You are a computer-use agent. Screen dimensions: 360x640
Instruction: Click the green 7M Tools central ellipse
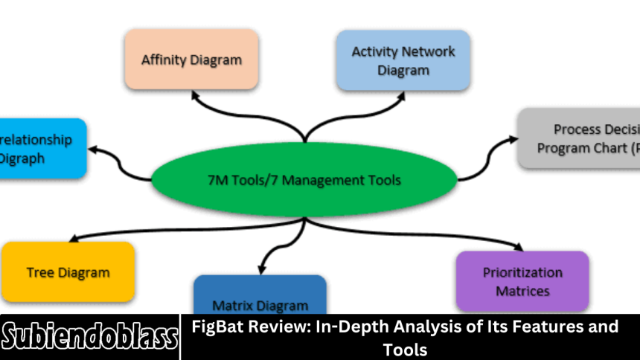pos(304,179)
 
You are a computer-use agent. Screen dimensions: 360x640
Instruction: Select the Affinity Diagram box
pos(191,59)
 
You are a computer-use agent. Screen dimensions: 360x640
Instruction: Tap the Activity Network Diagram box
pos(402,60)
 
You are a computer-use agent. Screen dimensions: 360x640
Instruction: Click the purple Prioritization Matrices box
pos(522,280)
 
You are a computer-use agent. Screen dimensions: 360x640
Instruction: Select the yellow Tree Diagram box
pos(68,271)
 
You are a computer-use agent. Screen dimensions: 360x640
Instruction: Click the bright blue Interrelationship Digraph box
pos(42,148)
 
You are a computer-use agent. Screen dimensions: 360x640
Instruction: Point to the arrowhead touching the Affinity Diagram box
pos(194,94)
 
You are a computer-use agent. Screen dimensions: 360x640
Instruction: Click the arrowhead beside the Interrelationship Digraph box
pos(94,148)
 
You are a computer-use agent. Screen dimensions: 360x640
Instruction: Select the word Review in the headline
pos(266,327)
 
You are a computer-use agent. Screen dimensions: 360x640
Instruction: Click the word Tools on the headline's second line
pos(405,349)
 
